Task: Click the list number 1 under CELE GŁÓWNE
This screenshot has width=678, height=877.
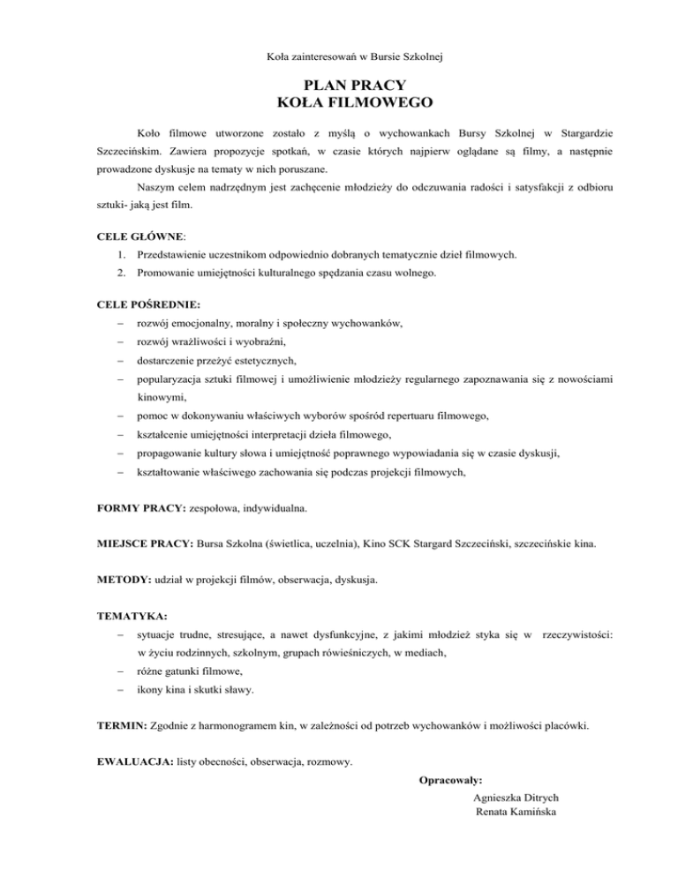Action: (121, 254)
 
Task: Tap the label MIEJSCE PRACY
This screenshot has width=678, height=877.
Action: (147, 544)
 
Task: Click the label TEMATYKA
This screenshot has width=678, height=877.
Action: (132, 614)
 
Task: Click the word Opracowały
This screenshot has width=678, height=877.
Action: (451, 780)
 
